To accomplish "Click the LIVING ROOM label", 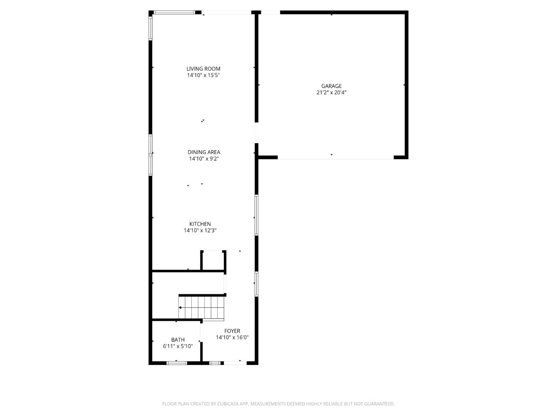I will (203, 69).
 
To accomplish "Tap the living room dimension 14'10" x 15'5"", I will (203, 75).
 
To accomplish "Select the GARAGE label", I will (331, 86).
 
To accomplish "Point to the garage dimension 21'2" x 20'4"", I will (331, 93).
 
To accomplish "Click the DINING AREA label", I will (204, 152).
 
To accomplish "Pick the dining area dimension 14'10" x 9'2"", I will (204, 159).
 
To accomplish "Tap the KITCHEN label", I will (200, 224).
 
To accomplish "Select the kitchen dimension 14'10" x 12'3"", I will (200, 230).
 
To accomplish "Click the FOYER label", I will (232, 331).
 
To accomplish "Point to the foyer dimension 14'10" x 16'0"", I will (232, 337).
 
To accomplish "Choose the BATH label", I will (178, 340).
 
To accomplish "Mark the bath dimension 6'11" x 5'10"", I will (178, 346).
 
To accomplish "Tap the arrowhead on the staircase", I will (180, 308).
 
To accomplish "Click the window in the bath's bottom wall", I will (177, 363).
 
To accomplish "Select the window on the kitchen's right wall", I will (256, 215).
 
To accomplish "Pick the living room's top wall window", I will (174, 12).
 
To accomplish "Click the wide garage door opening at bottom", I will (335, 158).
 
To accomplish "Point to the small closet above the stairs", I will (213, 260).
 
